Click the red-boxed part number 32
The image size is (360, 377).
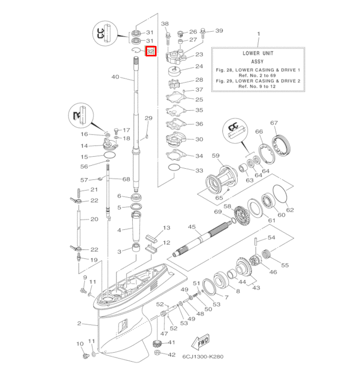click(150, 52)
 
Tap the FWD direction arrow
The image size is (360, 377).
click(201, 343)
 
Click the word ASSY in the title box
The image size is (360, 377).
click(258, 61)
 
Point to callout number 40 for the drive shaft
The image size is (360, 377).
click(115, 78)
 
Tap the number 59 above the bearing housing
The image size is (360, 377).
click(215, 156)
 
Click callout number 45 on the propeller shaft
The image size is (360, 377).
click(192, 227)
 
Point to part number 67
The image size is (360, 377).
click(274, 123)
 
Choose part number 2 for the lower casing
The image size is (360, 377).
click(79, 323)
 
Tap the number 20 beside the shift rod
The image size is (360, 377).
click(94, 219)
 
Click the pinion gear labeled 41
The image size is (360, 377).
click(157, 344)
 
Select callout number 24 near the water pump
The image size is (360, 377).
click(184, 67)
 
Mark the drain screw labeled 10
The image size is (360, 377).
click(83, 356)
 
